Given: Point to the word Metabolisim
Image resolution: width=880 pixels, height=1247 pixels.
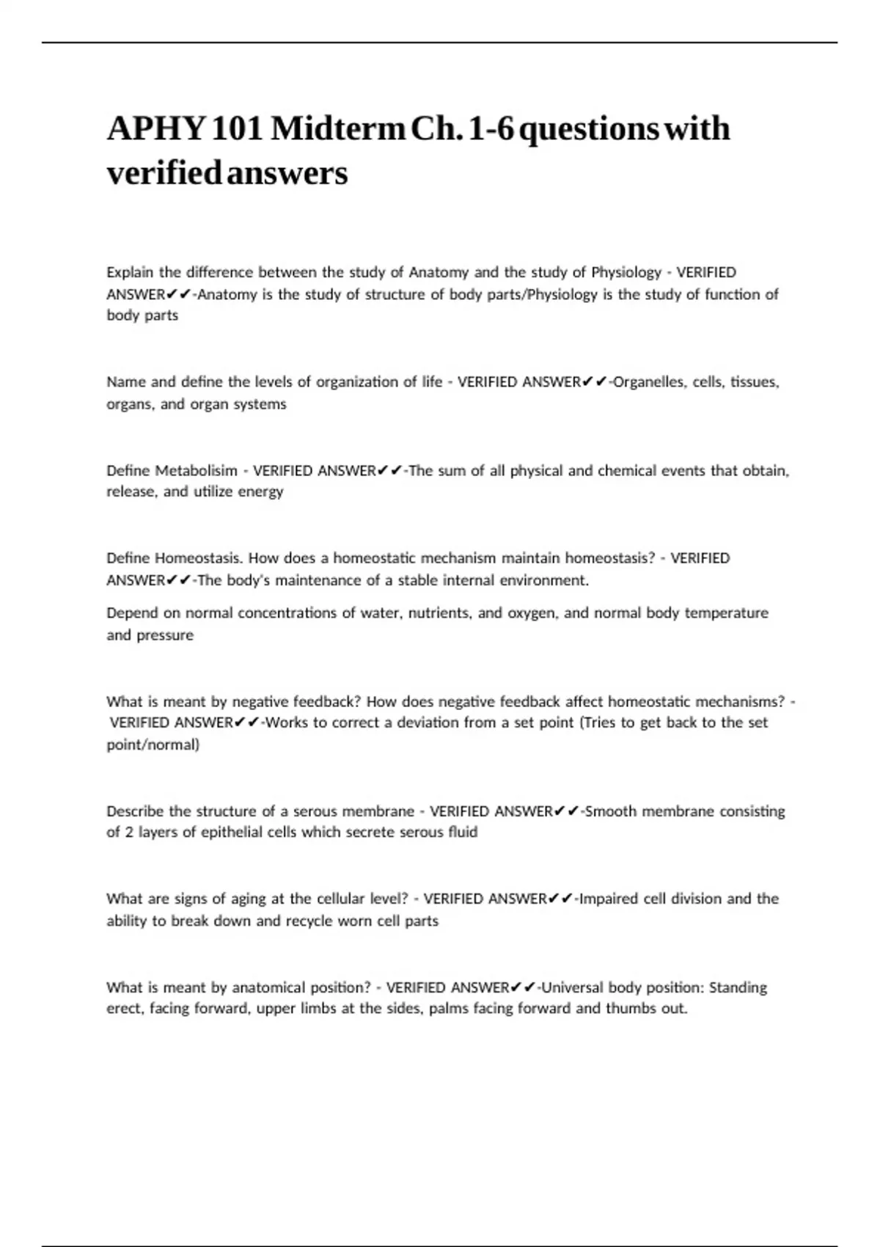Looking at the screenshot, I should pos(196,470).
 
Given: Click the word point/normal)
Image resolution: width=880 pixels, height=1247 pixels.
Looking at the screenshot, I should pos(153,745).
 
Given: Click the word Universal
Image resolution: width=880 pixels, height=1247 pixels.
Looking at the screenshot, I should pos(572,987).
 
